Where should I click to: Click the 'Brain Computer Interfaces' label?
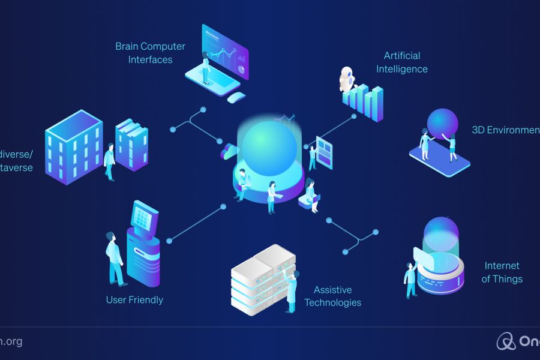pos(150,53)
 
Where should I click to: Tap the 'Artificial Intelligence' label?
pos(402,62)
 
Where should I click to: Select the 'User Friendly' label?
pos(134,299)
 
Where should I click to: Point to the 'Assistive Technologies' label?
pos(332,296)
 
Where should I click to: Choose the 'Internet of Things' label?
pos(502,272)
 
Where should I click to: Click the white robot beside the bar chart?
pos(347,80)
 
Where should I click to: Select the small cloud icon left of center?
pos(229,152)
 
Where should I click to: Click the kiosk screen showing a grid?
pos(143,215)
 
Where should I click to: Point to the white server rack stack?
pos(262,278)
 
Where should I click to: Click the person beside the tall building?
pos(109,161)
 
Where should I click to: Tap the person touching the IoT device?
pos(411,278)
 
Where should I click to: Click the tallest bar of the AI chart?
pos(377,103)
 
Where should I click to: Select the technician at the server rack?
pos(292,290)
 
